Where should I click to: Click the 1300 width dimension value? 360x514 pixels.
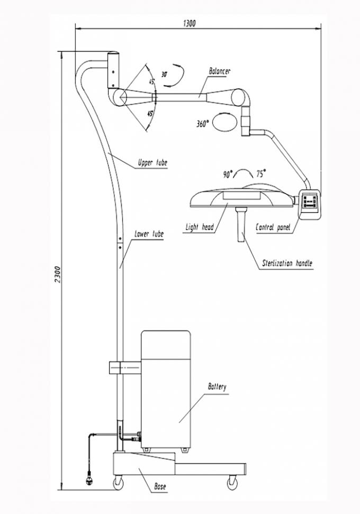pos(190,23)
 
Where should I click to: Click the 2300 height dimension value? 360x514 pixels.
pos(58,274)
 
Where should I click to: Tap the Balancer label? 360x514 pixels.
pos(220,71)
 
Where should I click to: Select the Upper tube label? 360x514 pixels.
pos(152,163)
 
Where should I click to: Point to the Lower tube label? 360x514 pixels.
pos(149,234)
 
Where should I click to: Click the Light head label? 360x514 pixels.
pos(200,227)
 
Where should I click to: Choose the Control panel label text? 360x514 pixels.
pos(273,227)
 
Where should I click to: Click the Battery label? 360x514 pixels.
pos(217,387)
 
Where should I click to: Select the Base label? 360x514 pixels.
pos(160,486)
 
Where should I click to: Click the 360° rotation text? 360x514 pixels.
pos(202,124)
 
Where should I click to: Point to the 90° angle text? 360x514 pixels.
pos(228,174)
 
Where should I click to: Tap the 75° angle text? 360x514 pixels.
pos(261,174)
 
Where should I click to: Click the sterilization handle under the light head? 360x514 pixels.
pos(241,224)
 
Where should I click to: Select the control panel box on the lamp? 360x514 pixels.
pos(310,204)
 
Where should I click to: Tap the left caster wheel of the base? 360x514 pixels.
pos(119,483)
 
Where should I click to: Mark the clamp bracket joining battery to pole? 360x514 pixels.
pos(124,367)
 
